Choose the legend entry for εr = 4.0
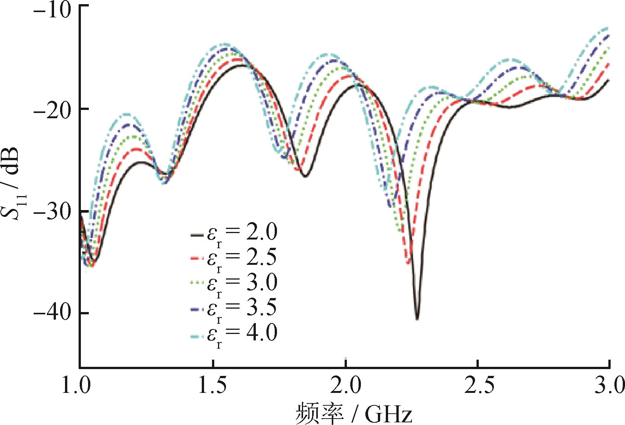pyautogui.click(x=234, y=333)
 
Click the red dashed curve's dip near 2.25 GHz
pyautogui.click(x=408, y=263)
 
